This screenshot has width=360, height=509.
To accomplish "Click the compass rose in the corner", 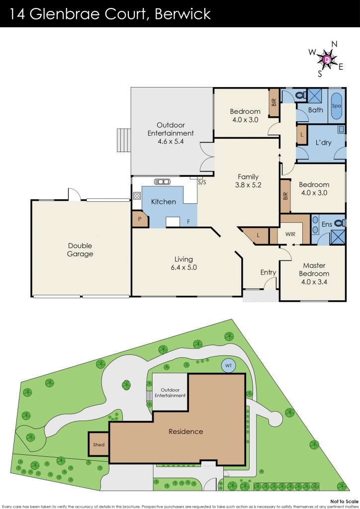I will [327, 59].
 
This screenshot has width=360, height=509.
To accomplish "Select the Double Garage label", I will [80, 250].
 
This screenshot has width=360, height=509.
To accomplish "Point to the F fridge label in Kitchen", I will [188, 222].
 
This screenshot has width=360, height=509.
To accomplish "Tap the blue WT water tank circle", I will [229, 365].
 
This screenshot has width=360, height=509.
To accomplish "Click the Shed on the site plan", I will [98, 444].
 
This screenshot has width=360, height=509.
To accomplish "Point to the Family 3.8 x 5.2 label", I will [248, 180].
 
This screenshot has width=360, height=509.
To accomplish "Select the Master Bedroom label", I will [314, 274].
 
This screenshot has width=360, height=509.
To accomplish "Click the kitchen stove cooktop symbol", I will [137, 196].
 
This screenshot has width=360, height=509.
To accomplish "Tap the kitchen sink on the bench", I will [162, 181].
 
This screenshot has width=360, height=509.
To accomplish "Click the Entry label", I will [268, 272].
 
